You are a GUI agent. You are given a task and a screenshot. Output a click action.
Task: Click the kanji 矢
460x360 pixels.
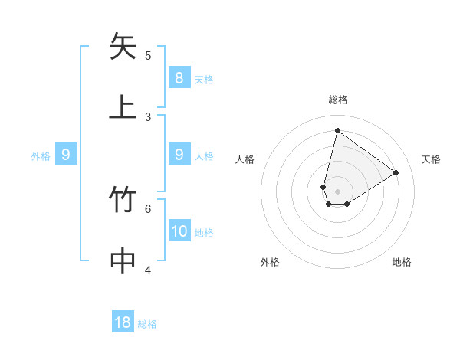pos(123,47)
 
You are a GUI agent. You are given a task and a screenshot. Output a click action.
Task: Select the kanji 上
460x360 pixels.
pos(123,106)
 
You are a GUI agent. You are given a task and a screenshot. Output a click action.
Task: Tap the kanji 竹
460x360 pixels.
pos(123,200)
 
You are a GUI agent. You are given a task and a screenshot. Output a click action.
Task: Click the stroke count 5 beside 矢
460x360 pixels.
pos(148,55)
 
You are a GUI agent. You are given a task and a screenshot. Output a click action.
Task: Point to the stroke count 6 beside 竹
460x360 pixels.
pos(148,208)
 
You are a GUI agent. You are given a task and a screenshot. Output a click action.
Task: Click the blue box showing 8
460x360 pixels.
pos(179,77)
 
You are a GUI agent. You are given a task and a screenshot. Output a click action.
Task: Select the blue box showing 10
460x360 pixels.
pos(179,231)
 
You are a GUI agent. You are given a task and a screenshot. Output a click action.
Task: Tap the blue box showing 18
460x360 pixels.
pos(123,322)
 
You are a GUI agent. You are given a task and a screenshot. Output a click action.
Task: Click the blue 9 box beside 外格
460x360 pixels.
pos(66,155)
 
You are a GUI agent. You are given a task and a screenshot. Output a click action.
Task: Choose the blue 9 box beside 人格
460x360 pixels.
pos(179,155)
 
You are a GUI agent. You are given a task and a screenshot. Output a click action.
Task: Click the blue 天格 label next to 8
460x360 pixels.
pos(204,79)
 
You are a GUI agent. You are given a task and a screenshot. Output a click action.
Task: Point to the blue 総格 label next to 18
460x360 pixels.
pos(147,324)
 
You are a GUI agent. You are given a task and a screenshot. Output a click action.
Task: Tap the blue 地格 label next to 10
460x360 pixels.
pos(204,233)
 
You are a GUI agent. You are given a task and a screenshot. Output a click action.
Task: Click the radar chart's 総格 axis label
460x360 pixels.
pos(338,100)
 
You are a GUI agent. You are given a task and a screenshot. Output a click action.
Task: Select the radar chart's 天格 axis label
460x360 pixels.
pos(431,159)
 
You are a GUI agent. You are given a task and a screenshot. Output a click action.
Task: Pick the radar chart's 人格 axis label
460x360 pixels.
pos(245,159)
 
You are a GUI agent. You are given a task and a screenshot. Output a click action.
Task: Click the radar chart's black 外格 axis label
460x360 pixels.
pos(270,262)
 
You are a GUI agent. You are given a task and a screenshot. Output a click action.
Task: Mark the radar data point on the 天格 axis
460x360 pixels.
pos(396,172)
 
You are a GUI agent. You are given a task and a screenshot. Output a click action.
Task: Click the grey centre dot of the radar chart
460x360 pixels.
pos(338,191)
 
